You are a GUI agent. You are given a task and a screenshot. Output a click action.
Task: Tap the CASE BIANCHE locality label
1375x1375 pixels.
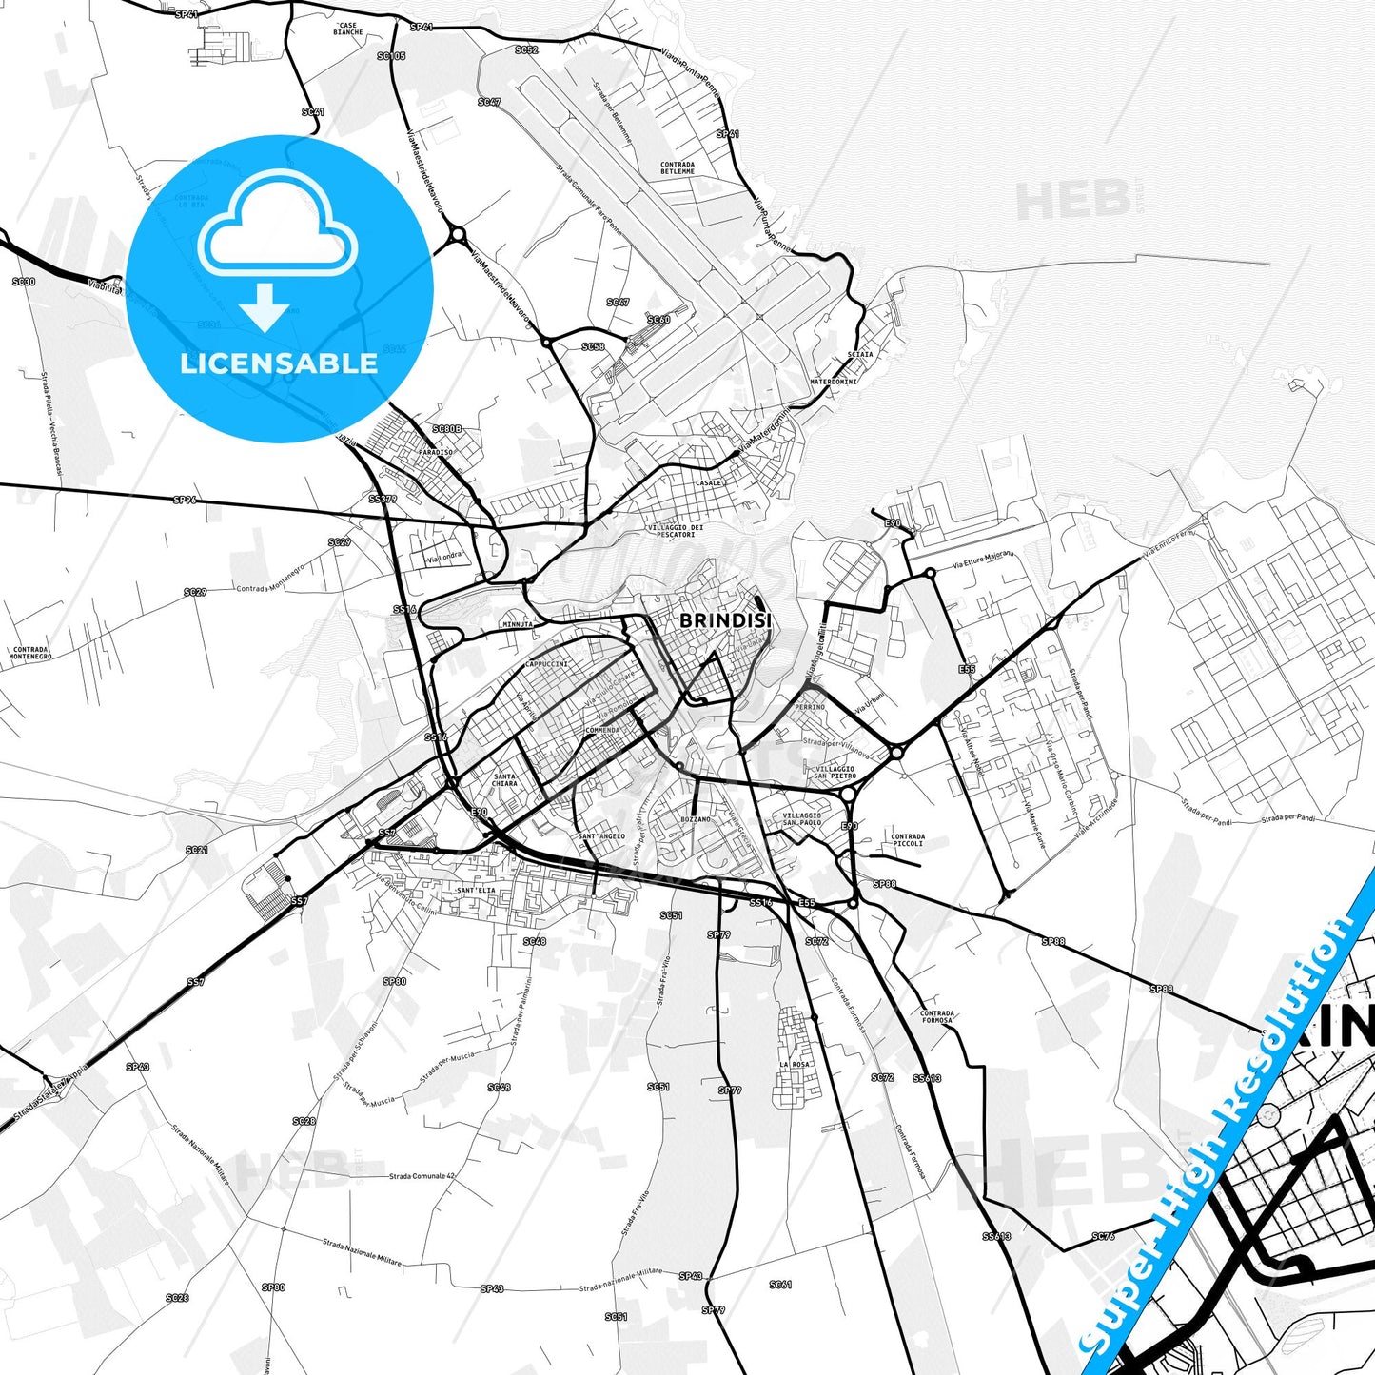click(348, 29)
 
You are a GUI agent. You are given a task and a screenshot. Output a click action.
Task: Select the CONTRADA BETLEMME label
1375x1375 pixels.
click(678, 167)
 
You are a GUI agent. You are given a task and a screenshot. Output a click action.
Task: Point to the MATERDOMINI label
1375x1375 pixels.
click(834, 382)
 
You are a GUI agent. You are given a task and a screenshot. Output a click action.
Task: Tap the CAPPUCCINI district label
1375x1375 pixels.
click(547, 664)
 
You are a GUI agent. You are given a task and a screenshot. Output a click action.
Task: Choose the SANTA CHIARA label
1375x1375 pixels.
click(504, 780)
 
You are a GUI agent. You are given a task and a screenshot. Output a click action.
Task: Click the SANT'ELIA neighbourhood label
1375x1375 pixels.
click(476, 890)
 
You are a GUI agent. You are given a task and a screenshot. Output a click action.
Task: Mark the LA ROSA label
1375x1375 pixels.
click(795, 1064)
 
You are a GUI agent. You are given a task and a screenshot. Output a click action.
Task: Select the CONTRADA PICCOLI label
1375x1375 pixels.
click(908, 839)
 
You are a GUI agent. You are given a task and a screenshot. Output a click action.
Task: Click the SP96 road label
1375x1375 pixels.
click(185, 500)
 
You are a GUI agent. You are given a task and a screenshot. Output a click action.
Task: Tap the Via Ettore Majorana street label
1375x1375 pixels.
click(984, 560)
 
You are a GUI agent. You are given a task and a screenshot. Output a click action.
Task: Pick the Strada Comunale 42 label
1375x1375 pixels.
click(422, 1176)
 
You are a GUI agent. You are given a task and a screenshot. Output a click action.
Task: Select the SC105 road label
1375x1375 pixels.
click(391, 56)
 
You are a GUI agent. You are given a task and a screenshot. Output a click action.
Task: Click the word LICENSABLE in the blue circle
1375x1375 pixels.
click(279, 363)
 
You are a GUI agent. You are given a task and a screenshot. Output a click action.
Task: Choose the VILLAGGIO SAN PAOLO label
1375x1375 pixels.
click(802, 818)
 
